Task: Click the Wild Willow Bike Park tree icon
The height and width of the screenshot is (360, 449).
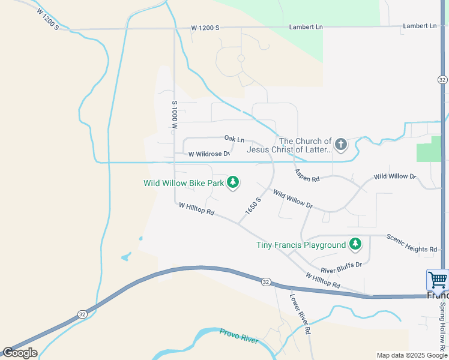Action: point(233,182)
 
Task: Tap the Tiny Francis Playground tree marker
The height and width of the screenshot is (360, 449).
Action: point(355,244)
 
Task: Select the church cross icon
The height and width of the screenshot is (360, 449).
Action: point(340,145)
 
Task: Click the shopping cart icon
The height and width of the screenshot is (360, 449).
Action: point(438,280)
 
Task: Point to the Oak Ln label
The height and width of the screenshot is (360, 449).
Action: point(234,139)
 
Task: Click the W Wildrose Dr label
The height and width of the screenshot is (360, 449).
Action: point(209,154)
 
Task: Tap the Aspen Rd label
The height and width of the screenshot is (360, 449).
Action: point(307,175)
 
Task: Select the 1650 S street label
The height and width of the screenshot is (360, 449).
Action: point(253,207)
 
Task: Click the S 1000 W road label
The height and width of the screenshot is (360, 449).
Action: point(175,116)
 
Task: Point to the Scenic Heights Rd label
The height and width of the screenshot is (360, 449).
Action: point(412,243)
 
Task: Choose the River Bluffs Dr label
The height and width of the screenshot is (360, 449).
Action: point(341,267)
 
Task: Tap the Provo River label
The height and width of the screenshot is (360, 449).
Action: point(239,336)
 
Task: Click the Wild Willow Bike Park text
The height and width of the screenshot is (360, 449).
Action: point(184,183)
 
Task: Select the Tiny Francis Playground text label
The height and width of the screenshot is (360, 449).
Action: point(301,245)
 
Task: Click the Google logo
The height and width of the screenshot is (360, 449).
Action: point(19,353)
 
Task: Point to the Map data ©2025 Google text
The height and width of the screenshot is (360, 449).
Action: point(412,356)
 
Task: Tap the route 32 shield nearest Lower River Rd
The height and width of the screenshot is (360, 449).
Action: point(265,281)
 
